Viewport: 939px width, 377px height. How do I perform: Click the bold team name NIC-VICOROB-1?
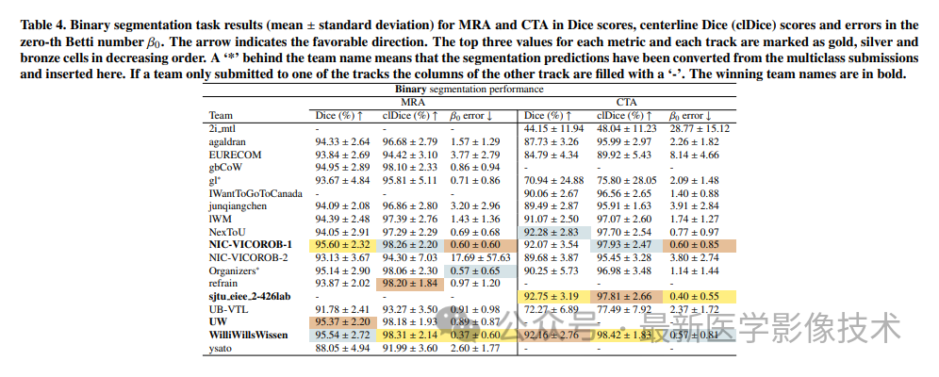tap(250, 243)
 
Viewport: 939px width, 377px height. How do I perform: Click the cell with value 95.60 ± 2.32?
tap(342, 243)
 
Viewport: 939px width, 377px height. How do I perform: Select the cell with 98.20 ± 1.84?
tap(409, 282)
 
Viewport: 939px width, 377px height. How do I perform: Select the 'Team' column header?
tap(222, 114)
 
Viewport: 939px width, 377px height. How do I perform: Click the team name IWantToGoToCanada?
tap(255, 192)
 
